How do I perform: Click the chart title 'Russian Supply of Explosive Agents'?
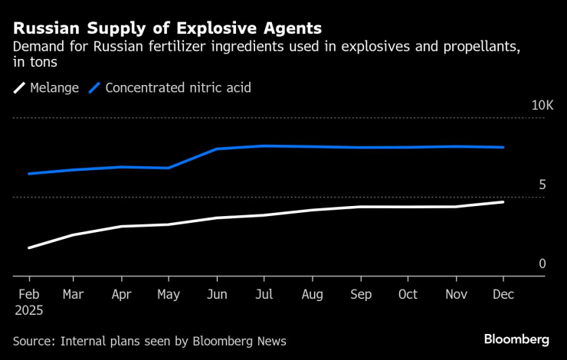[x=167, y=28]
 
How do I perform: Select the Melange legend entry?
[x=46, y=88]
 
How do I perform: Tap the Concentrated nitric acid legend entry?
[x=170, y=88]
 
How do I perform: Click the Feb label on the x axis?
[x=28, y=294]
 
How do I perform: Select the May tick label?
[x=168, y=294]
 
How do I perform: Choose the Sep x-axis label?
[x=361, y=294]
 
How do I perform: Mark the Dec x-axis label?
[x=503, y=294]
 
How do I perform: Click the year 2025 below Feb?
[x=28, y=311]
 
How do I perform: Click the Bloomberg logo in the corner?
[x=516, y=339]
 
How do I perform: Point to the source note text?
[x=149, y=341]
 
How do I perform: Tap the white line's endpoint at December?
[x=503, y=201]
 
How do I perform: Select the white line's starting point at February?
[x=28, y=248]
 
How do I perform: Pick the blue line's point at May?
[x=169, y=168]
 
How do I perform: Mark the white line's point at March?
[x=74, y=234]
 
